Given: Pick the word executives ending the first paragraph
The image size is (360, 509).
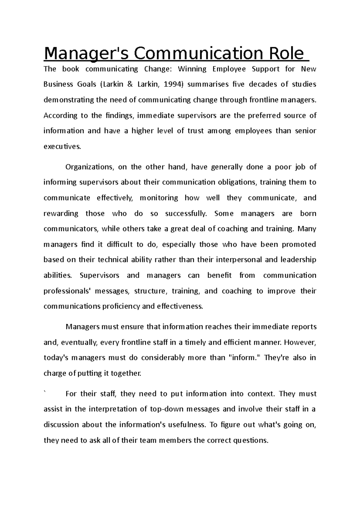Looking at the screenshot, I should tap(62, 147).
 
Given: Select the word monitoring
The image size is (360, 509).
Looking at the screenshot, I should tap(159, 198).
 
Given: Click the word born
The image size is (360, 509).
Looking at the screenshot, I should tap(308, 214).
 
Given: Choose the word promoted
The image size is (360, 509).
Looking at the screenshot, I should tap(297, 245).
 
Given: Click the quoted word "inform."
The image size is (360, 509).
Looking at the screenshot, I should tap(243, 358).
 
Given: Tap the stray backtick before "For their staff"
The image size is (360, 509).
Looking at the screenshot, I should tap(45, 392).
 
